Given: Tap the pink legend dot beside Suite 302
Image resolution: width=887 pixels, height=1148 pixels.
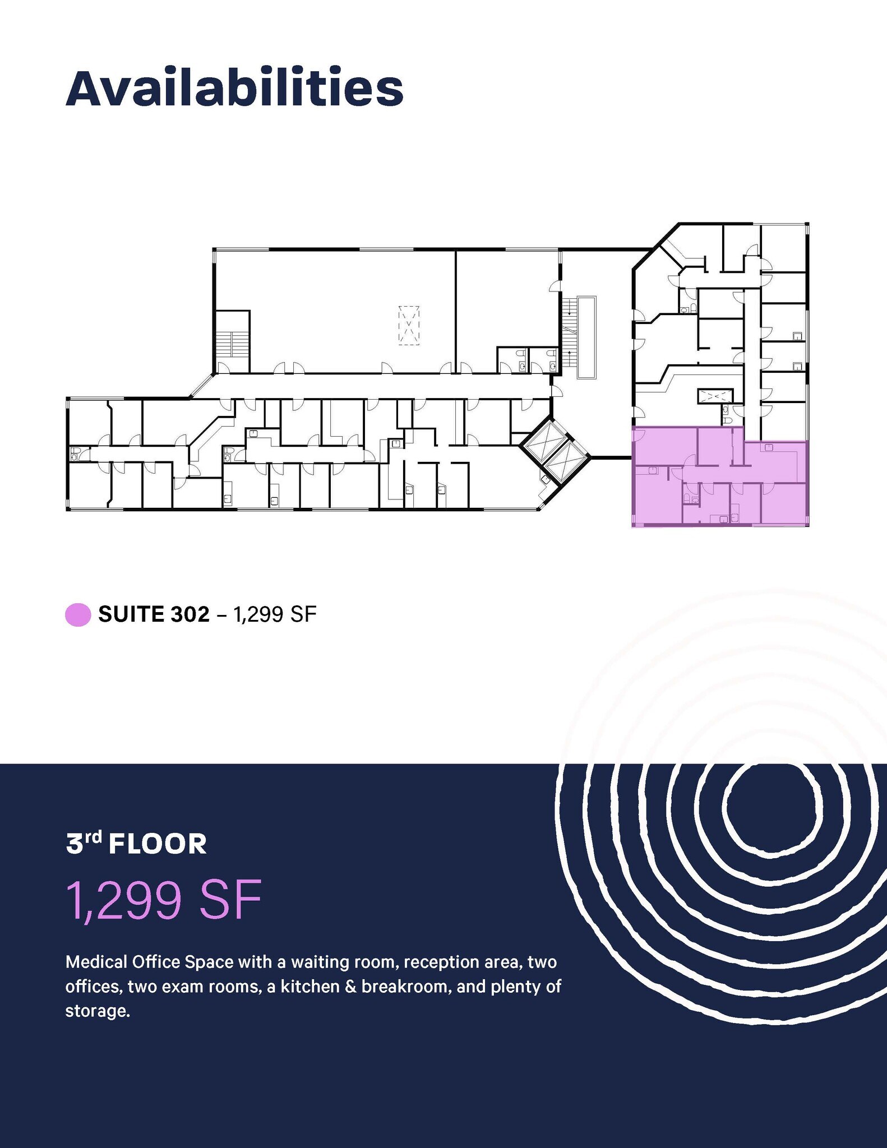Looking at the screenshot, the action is tap(78, 614).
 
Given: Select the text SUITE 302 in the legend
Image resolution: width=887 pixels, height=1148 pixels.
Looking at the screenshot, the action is tap(154, 614).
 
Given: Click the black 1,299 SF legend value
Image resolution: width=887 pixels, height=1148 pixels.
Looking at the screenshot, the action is tap(275, 614).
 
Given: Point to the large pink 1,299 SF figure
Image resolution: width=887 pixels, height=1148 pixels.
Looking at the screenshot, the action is tap(164, 901).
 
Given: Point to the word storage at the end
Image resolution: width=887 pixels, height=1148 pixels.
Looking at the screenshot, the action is tap(98, 1012).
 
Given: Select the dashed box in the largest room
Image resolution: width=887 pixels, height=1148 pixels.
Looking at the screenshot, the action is tap(409, 325).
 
